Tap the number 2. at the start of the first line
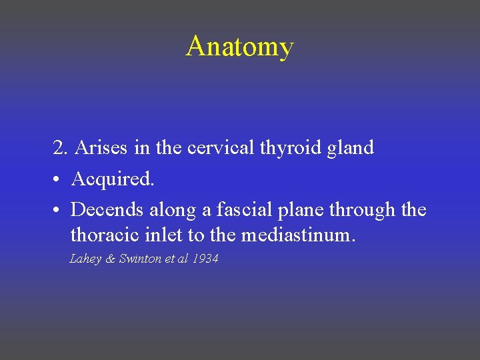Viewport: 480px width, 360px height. click(61, 148)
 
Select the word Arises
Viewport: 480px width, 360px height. click(102, 148)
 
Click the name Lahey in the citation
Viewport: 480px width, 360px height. click(85, 259)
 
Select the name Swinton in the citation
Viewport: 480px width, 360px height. click(139, 259)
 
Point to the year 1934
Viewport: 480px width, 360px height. click(205, 259)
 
